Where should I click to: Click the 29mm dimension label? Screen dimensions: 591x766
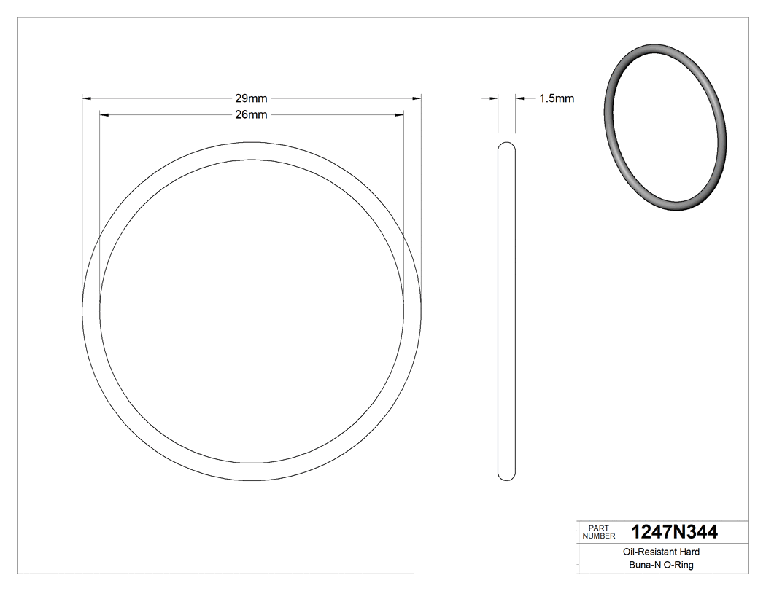point(250,98)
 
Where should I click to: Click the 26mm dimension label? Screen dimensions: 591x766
point(250,115)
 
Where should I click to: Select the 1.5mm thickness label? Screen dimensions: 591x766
point(557,98)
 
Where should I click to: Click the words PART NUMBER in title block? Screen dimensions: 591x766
point(597,532)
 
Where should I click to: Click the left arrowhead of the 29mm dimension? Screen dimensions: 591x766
point(85,98)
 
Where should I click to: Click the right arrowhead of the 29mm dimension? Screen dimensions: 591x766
point(417,98)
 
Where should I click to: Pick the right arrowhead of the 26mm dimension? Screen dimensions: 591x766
point(399,115)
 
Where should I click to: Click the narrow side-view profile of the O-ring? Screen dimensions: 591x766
point(506,312)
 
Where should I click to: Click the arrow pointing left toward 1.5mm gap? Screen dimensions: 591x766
point(520,98)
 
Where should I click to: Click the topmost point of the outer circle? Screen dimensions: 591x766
point(252,143)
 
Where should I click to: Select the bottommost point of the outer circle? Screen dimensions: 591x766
point(252,481)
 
